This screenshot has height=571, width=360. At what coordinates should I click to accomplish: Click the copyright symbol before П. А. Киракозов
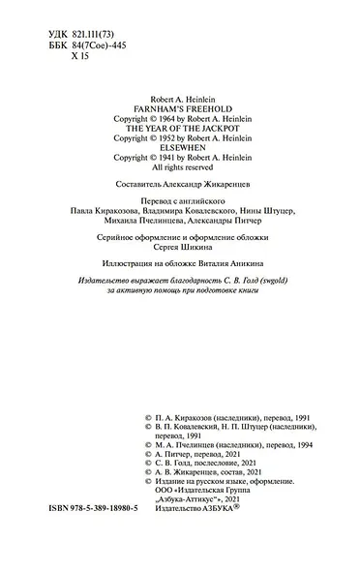146,411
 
